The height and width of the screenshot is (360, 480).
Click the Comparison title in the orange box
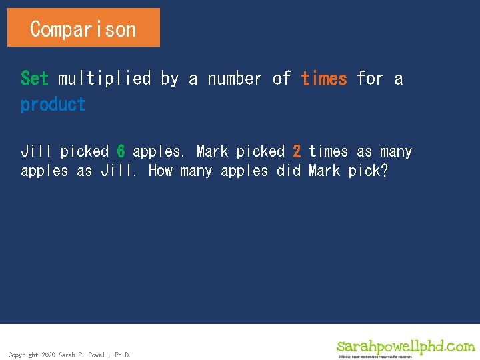coord(83,29)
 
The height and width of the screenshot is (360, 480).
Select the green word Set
coord(35,79)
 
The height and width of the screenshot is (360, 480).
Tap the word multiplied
coord(105,79)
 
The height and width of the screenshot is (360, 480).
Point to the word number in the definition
coord(234,79)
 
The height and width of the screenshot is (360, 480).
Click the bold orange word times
coord(324,79)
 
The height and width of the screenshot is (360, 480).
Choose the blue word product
coord(53,105)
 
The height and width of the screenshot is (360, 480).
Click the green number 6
coord(121,151)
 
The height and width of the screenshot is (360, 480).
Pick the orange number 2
coord(297,151)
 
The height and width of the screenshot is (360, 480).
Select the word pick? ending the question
coord(368,171)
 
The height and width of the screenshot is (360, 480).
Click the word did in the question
coord(289,171)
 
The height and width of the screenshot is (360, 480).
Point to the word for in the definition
coord(370,79)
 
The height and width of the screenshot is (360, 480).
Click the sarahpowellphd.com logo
coord(405,347)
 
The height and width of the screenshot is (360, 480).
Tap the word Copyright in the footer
coord(23,355)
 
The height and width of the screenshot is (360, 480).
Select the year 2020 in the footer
coord(49,355)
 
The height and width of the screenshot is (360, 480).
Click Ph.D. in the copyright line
coord(123,355)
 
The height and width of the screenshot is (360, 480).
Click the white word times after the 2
coord(328,151)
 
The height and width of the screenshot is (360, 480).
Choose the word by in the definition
coord(169,79)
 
